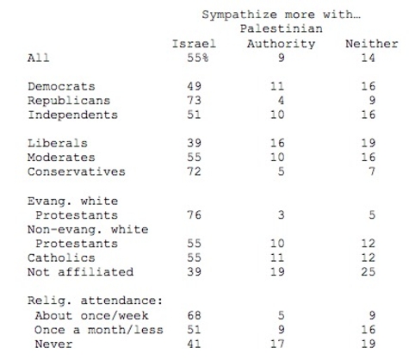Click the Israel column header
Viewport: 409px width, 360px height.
click(194, 44)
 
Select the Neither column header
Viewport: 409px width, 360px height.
click(372, 44)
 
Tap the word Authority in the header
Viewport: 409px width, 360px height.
click(281, 44)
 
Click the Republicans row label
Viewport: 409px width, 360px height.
click(69, 101)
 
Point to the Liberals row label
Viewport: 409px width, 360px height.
click(58, 143)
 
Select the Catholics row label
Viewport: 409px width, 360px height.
click(61, 258)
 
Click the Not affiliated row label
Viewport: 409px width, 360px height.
click(80, 271)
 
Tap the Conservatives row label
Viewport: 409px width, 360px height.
click(77, 171)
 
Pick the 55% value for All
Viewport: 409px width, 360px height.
click(198, 58)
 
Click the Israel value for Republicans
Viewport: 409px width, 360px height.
click(194, 100)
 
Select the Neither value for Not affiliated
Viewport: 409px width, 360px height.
click(369, 271)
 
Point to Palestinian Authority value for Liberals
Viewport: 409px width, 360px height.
click(277, 143)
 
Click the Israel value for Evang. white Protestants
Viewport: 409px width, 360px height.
click(194, 214)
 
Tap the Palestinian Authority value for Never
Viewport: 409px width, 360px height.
click(277, 344)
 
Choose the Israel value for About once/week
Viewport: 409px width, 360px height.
click(194, 315)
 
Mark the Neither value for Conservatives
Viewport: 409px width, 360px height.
click(372, 171)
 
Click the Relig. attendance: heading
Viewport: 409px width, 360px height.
click(95, 301)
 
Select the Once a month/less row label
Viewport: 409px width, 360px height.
click(99, 330)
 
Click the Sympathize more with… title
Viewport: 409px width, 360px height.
click(281, 15)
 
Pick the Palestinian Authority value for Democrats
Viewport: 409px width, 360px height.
click(277, 86)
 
